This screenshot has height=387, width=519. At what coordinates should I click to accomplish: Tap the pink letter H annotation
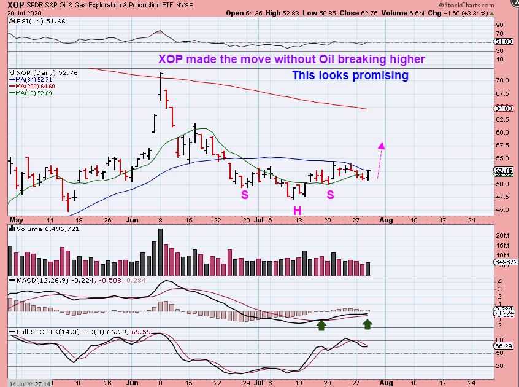(296, 211)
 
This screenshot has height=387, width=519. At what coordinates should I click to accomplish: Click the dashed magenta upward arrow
(380, 161)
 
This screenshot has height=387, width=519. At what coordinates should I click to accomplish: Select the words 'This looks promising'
(350, 76)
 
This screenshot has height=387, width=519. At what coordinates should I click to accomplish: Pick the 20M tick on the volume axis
(503, 236)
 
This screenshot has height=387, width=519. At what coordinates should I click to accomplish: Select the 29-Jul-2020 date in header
(22, 13)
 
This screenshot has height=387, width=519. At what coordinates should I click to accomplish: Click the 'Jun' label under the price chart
(132, 219)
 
